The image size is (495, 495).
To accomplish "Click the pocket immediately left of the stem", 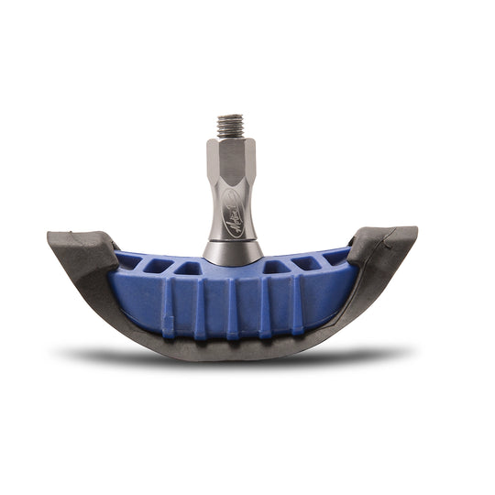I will point(190,269).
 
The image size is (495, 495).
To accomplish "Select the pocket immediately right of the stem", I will point(276,268).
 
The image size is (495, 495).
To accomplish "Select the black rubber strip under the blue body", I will point(234,347).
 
